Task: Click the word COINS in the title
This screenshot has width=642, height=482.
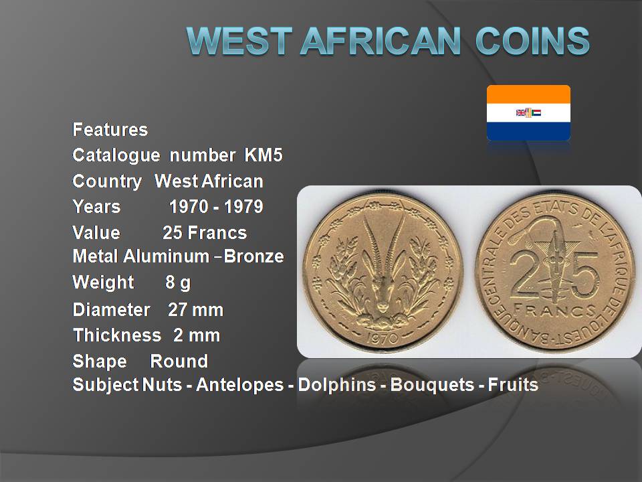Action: (x=533, y=41)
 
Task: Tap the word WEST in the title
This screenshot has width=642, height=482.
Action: (x=239, y=41)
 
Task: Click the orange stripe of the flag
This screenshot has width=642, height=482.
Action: (x=528, y=94)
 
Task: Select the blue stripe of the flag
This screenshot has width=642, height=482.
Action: (x=528, y=131)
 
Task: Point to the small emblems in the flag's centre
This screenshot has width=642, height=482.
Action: (x=528, y=112)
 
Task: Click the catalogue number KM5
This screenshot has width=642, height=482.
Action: (x=263, y=155)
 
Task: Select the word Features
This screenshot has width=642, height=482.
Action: (x=110, y=129)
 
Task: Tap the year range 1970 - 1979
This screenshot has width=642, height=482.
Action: (x=216, y=207)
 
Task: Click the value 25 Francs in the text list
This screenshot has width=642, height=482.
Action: (x=205, y=233)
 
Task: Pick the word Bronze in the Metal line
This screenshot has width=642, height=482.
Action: (x=253, y=256)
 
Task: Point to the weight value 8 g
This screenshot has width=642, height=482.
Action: (x=178, y=283)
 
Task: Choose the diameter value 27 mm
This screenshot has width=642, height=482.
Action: (x=195, y=310)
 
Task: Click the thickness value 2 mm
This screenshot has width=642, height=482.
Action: (x=197, y=335)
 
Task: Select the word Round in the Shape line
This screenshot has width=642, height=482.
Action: (x=179, y=361)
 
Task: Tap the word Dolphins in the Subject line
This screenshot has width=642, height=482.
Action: (x=336, y=385)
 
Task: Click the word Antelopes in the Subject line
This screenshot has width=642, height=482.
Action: (x=239, y=385)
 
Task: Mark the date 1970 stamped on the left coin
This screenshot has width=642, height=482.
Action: (x=382, y=337)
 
